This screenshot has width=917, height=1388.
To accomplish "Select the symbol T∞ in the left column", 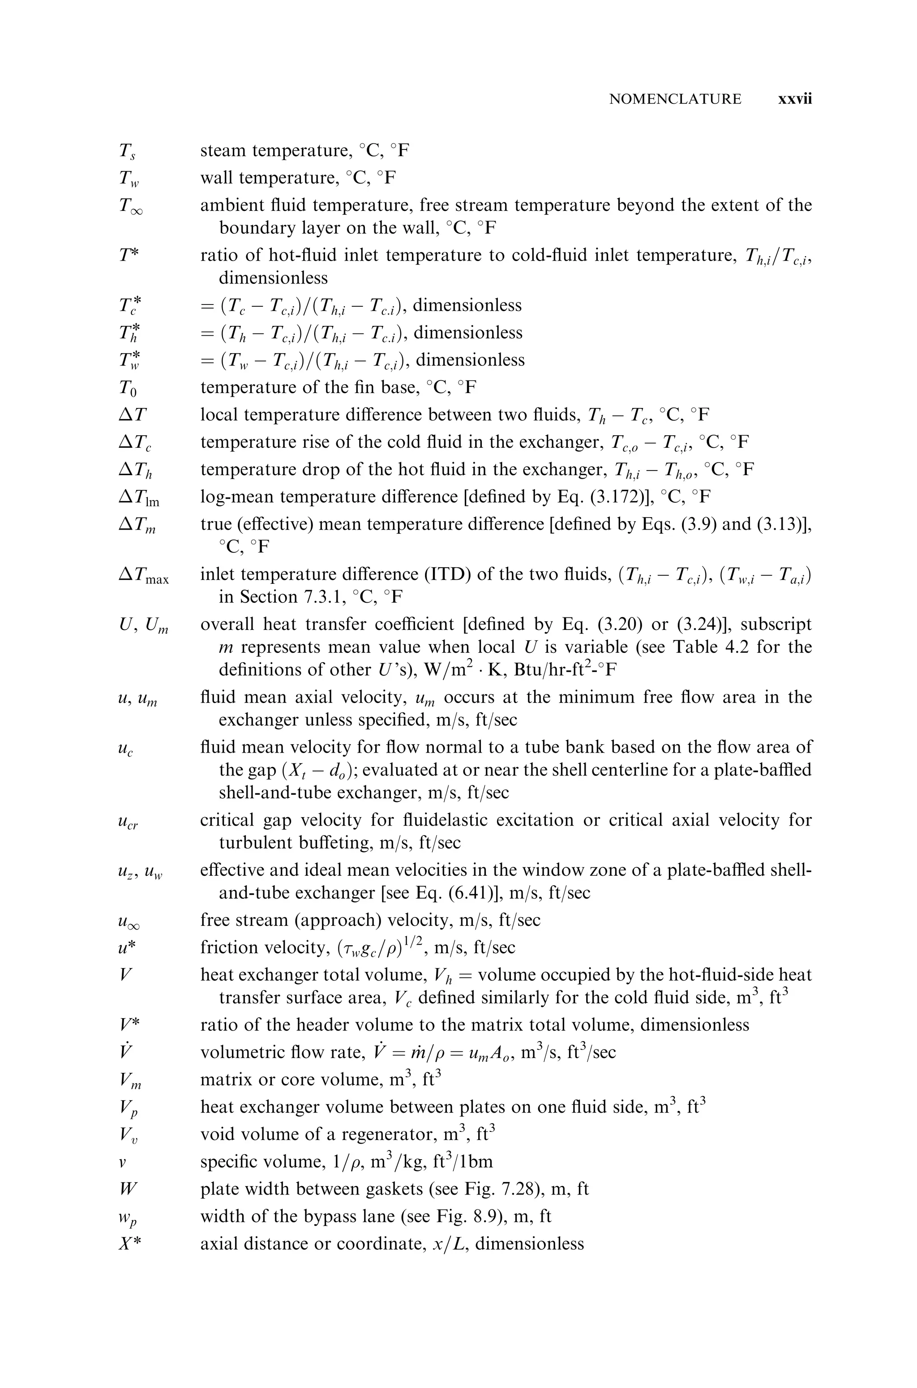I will (x=130, y=206).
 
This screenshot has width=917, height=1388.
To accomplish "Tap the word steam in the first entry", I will (x=224, y=151).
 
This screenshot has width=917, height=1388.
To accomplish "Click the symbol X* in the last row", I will (x=130, y=1243).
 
